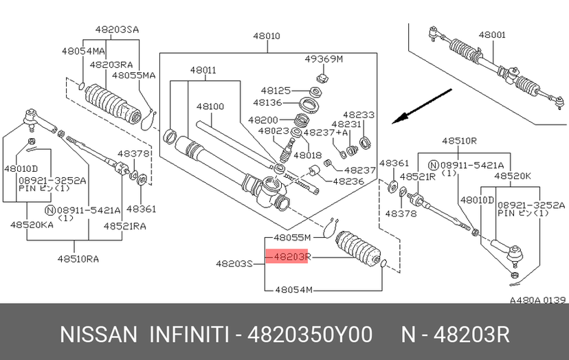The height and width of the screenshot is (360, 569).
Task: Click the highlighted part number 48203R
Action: [293, 257]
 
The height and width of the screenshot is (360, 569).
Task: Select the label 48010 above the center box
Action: [266, 36]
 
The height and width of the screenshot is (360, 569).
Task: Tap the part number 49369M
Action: [323, 59]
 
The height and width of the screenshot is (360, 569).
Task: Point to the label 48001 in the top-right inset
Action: [492, 34]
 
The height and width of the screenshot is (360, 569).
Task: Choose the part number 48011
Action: [203, 70]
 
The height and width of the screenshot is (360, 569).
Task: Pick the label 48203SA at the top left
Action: [117, 30]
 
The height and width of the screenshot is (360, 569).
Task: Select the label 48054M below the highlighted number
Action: [293, 290]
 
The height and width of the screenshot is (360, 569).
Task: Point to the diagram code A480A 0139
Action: [537, 300]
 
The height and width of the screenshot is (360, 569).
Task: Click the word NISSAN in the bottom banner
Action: [100, 335]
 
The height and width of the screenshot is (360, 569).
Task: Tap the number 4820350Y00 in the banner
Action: [313, 335]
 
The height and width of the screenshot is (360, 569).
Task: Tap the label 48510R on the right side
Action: [460, 140]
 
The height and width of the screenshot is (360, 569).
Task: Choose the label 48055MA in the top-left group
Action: [134, 76]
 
